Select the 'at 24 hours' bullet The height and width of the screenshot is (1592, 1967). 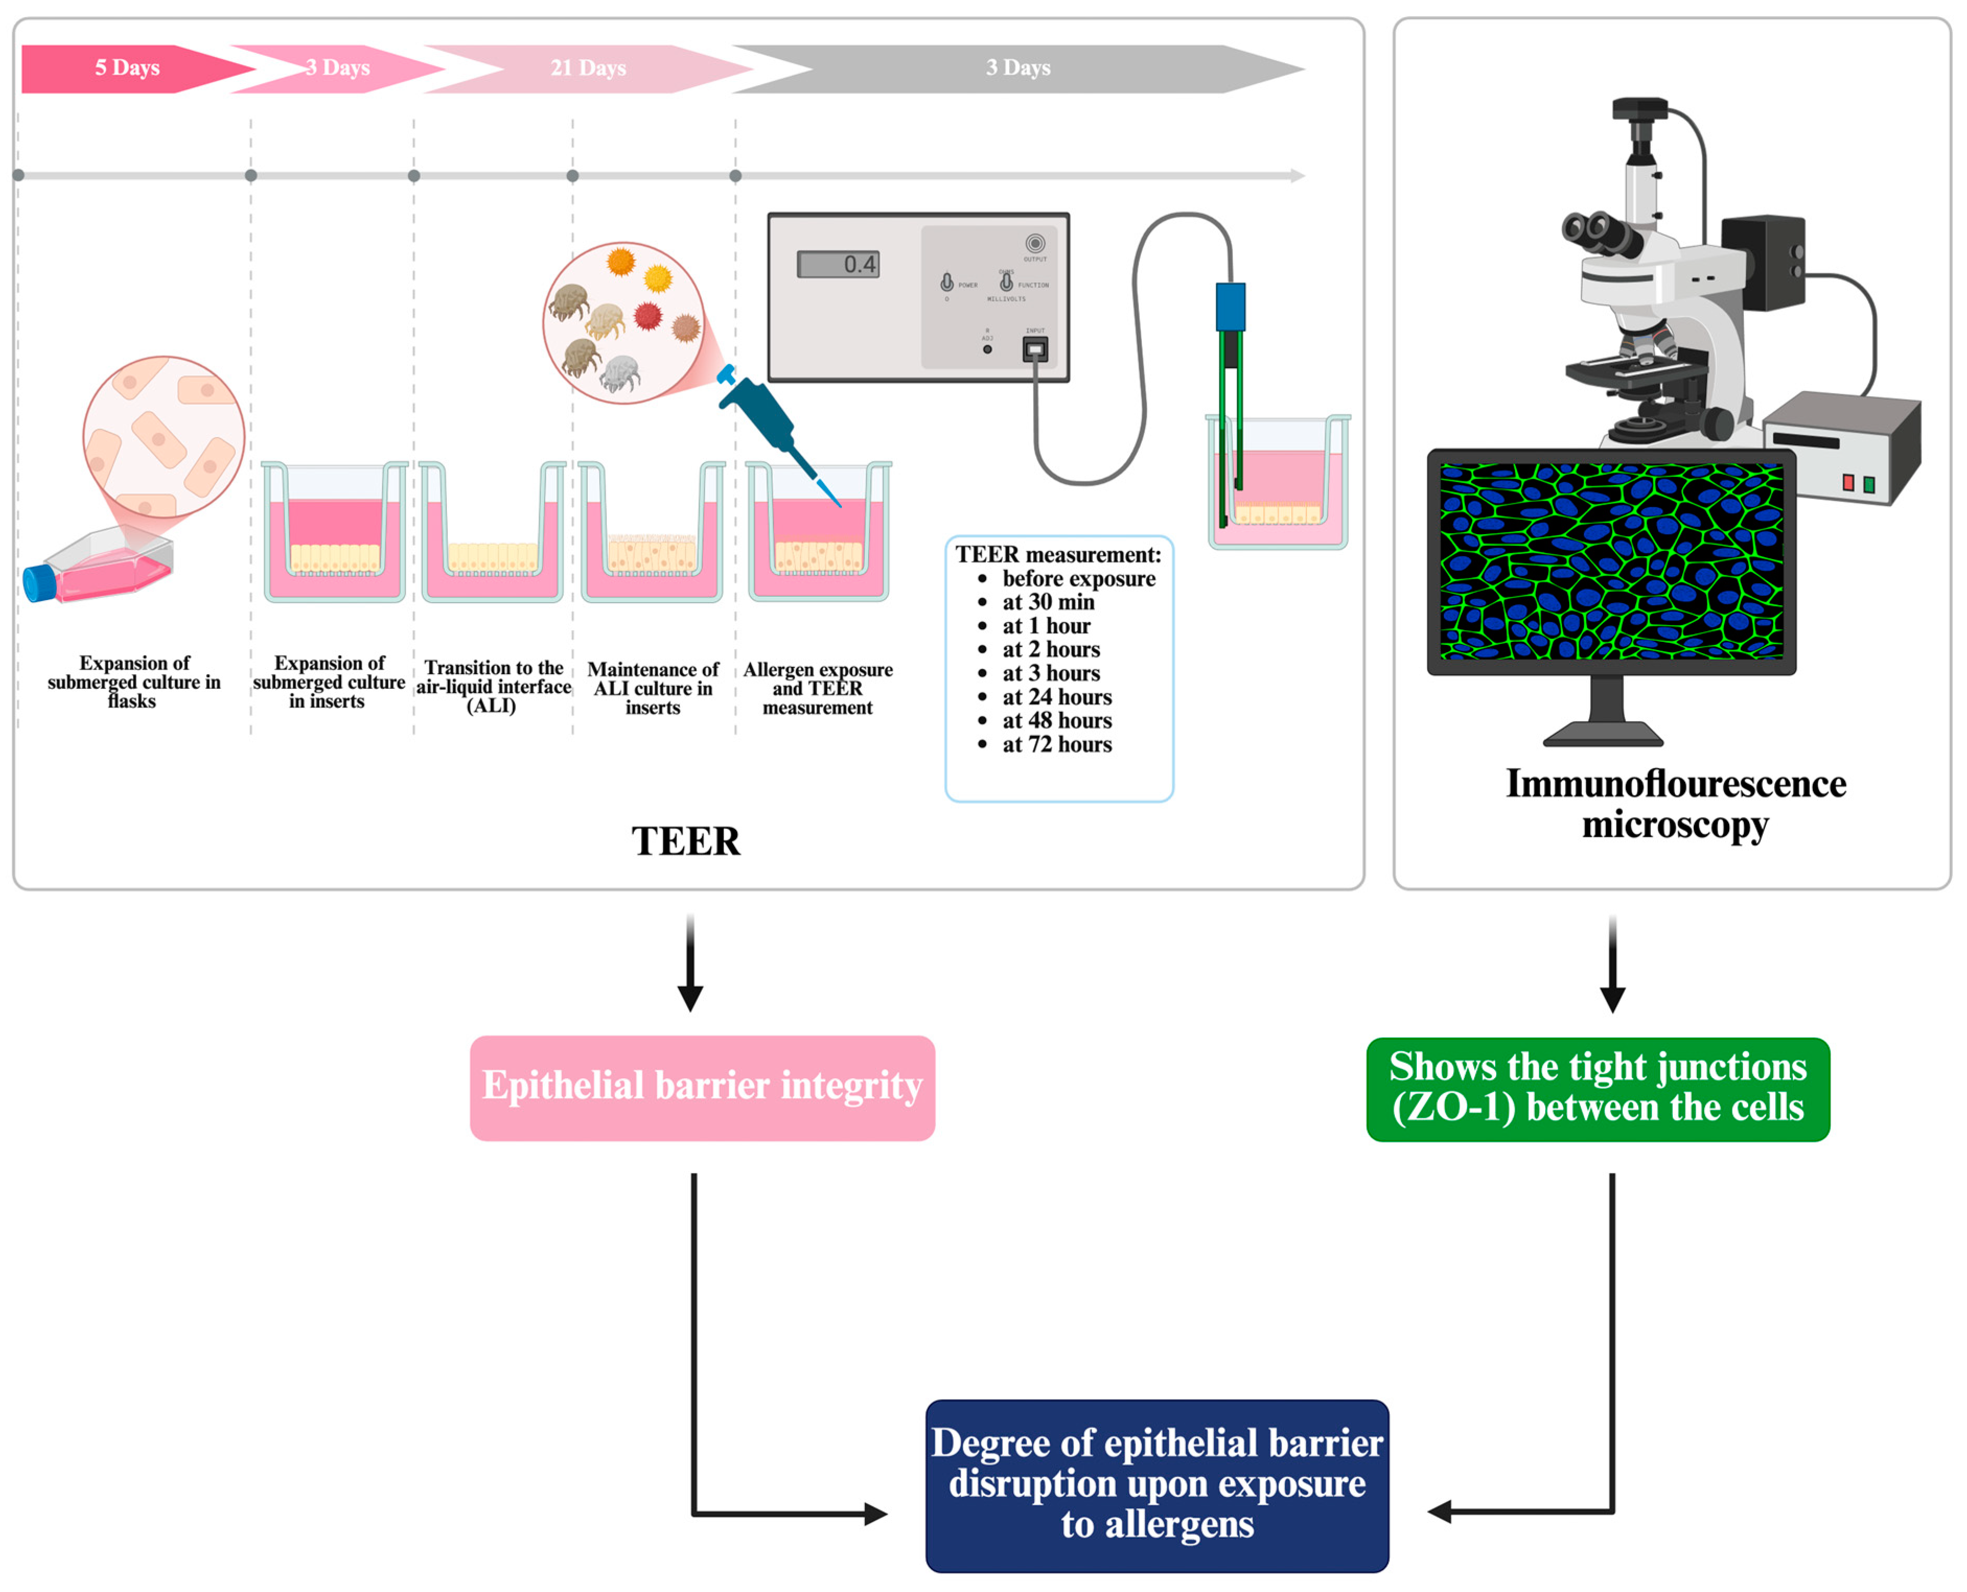pos(1057,697)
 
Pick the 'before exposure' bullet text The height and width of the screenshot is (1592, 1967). pos(1079,579)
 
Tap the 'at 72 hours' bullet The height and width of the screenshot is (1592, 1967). pos(1057,745)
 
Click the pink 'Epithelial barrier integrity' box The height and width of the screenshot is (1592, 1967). pos(702,1088)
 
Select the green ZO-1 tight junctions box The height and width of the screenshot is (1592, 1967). pos(1598,1089)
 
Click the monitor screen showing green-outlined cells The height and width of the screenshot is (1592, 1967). pos(1611,561)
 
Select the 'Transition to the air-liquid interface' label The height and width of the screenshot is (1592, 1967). pos(493,687)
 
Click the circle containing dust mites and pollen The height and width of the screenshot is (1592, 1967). pos(623,323)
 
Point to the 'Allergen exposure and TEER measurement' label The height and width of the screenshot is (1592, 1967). pos(817,689)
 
